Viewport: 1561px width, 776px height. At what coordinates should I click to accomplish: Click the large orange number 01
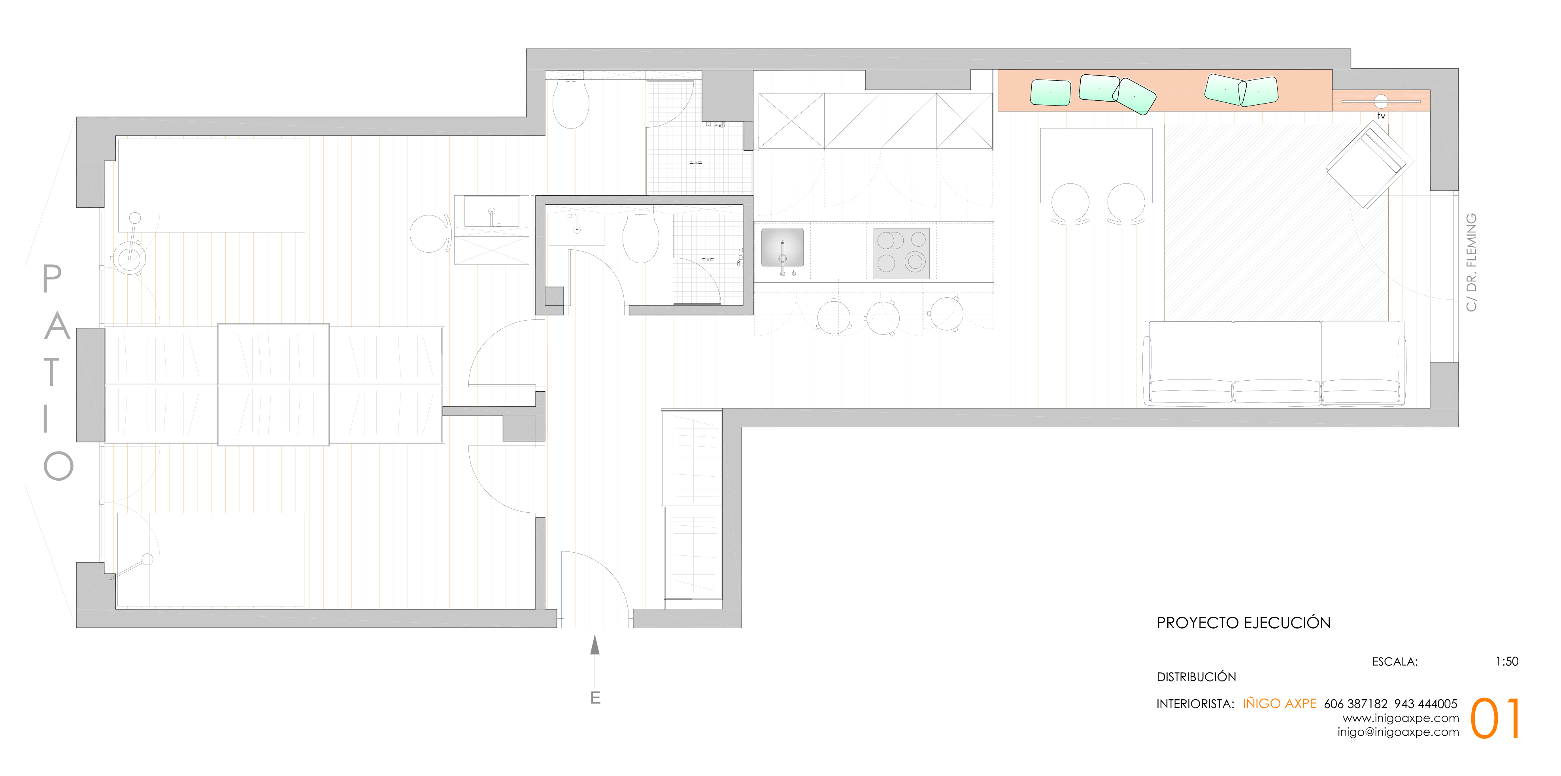pyautogui.click(x=1495, y=718)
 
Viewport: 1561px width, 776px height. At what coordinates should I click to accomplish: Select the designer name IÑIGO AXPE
pyautogui.click(x=1279, y=703)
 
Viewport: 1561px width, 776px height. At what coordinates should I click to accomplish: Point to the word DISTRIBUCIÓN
pyautogui.click(x=1196, y=676)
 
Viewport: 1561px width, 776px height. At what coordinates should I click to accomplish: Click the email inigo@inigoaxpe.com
pyautogui.click(x=1398, y=732)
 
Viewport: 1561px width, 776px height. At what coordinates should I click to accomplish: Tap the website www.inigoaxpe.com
pyautogui.click(x=1401, y=718)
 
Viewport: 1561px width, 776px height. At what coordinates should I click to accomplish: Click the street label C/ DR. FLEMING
pyautogui.click(x=1471, y=262)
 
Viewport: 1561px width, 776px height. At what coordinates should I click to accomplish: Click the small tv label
pyautogui.click(x=1381, y=116)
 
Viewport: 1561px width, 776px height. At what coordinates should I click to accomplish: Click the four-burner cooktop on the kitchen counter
pyautogui.click(x=901, y=253)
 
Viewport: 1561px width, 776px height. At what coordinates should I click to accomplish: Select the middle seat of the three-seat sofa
pyautogui.click(x=1277, y=362)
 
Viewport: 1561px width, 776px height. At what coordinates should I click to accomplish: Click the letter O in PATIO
pyautogui.click(x=58, y=466)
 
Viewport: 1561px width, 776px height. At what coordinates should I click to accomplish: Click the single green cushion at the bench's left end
pyautogui.click(x=1051, y=93)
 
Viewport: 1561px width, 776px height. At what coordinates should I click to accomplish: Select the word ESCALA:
pyautogui.click(x=1395, y=661)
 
